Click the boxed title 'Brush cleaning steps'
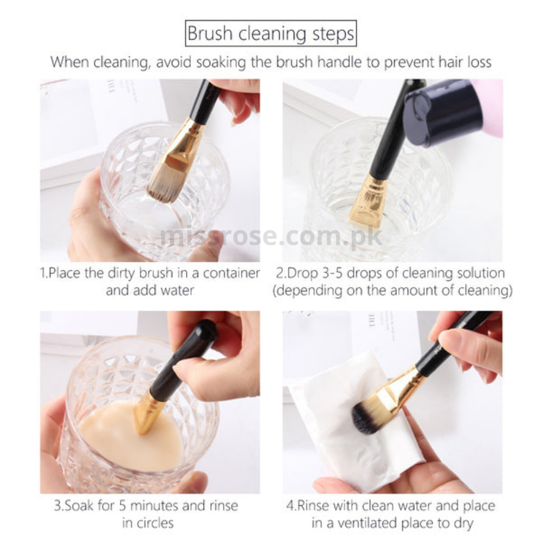point(271,34)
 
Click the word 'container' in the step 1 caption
point(228,272)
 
